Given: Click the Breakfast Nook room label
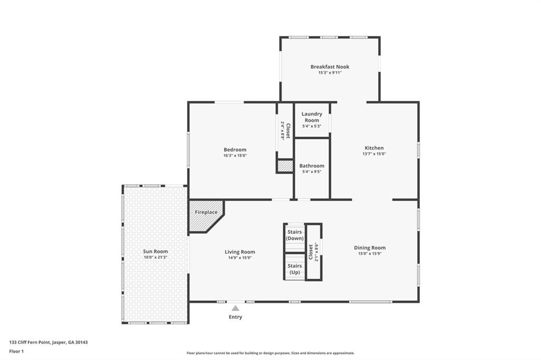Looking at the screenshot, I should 330,67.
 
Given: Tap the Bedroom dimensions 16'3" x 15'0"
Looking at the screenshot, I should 235,156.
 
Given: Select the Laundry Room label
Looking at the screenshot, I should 312,117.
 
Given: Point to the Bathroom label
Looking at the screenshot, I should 312,166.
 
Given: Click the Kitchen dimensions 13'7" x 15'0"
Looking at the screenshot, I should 374,154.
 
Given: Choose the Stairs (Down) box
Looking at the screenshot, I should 295,235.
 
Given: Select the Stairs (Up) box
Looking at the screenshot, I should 295,269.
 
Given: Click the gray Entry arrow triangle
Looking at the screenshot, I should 235,308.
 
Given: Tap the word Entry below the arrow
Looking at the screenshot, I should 235,317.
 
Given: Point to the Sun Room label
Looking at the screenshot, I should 155,251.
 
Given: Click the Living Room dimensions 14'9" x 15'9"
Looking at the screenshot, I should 240,258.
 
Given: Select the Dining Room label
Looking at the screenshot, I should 370,248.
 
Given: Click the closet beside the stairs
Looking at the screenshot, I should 313,252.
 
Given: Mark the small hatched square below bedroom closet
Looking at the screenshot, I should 285,166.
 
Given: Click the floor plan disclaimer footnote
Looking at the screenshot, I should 270,353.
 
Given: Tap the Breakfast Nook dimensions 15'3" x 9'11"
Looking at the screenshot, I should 330,73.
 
